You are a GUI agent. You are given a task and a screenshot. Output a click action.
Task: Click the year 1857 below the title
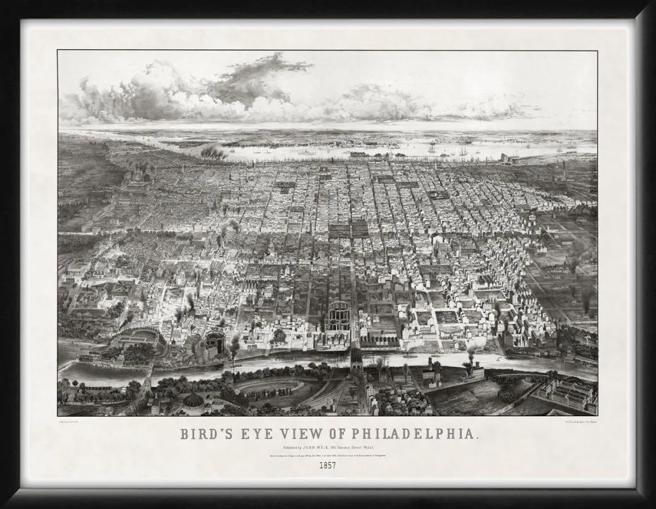(328, 465)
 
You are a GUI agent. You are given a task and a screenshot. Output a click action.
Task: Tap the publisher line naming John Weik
(328, 447)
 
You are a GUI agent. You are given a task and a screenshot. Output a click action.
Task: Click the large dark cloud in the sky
(256, 80)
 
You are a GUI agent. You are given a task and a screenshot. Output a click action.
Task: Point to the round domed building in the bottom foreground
(193, 401)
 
